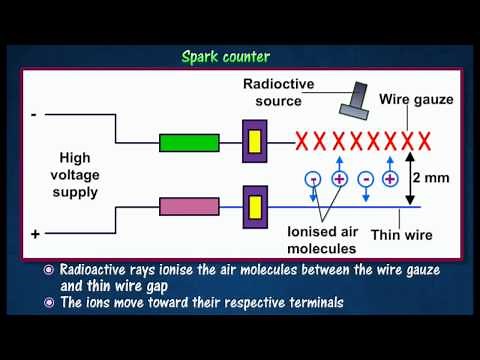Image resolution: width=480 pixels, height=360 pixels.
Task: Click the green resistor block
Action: [189, 142]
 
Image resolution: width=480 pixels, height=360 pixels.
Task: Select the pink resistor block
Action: [189, 207]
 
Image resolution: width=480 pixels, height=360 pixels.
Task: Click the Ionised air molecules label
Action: [322, 240]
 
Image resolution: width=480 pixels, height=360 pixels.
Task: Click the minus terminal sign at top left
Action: [35, 116]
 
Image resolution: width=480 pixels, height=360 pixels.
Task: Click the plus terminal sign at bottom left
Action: [35, 233]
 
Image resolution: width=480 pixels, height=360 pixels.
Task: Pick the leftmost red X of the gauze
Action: [299, 140]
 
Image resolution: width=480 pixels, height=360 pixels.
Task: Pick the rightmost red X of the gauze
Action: [424, 140]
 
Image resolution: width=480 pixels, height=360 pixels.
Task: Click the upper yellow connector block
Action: [255, 141]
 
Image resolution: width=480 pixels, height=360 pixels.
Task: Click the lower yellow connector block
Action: [255, 207]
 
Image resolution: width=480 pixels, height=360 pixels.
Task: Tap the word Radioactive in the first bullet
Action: [96, 271]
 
